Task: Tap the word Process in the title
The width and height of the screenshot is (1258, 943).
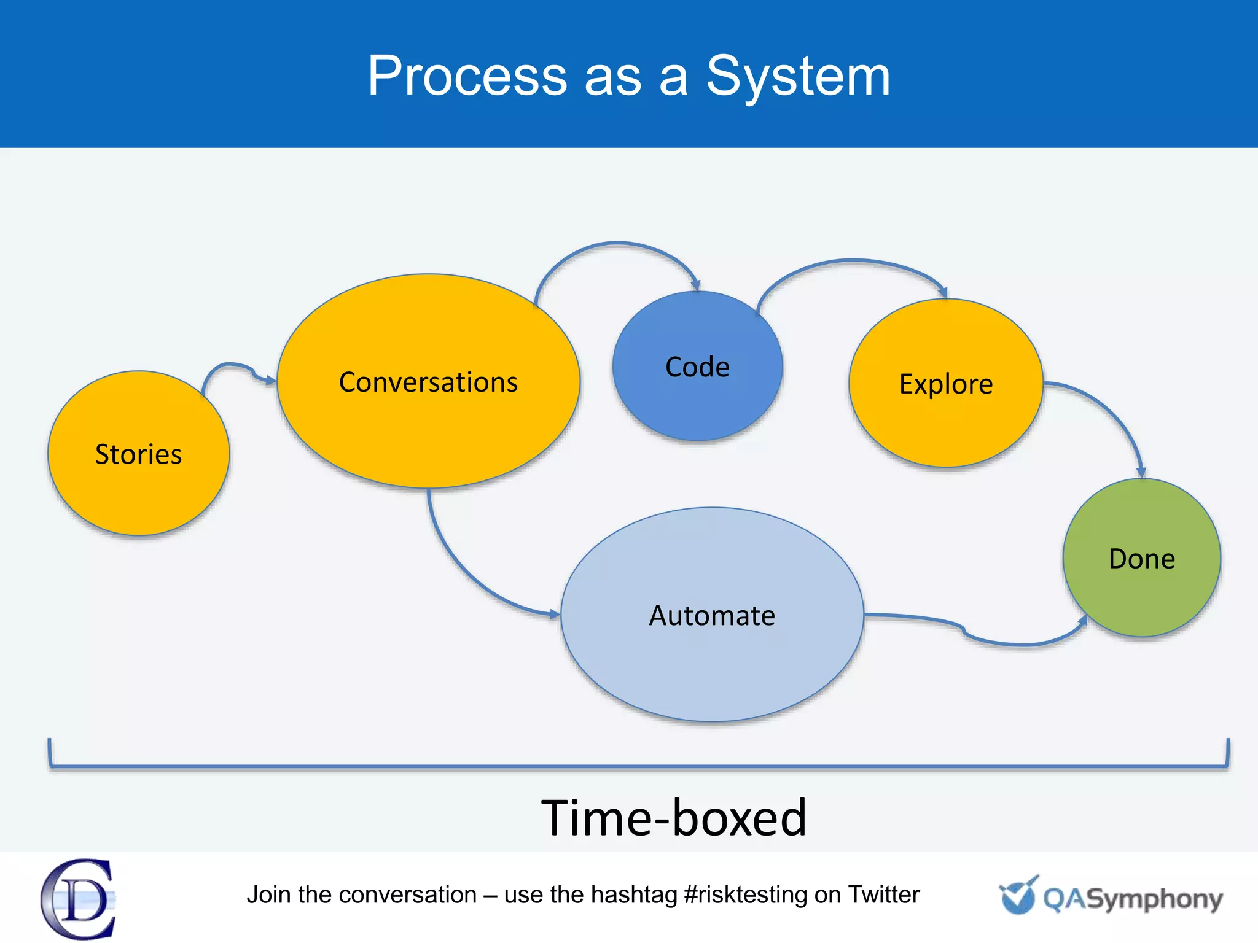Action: tap(467, 76)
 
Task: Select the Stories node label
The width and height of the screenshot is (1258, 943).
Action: tap(138, 455)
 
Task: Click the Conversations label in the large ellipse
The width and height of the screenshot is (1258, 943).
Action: tap(428, 382)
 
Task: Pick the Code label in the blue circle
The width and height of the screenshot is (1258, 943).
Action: tap(697, 367)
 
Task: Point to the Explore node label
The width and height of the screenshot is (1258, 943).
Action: tap(946, 384)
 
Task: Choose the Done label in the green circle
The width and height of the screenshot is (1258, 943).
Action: tap(1141, 559)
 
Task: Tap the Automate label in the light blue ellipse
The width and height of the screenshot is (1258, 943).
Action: tap(712, 616)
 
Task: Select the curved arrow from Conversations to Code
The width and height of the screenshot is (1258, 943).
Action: tap(617, 244)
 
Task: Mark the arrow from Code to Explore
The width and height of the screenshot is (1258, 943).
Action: tap(854, 262)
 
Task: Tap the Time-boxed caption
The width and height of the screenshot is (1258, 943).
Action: tap(673, 818)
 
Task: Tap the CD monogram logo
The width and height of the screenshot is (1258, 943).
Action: tap(79, 899)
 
